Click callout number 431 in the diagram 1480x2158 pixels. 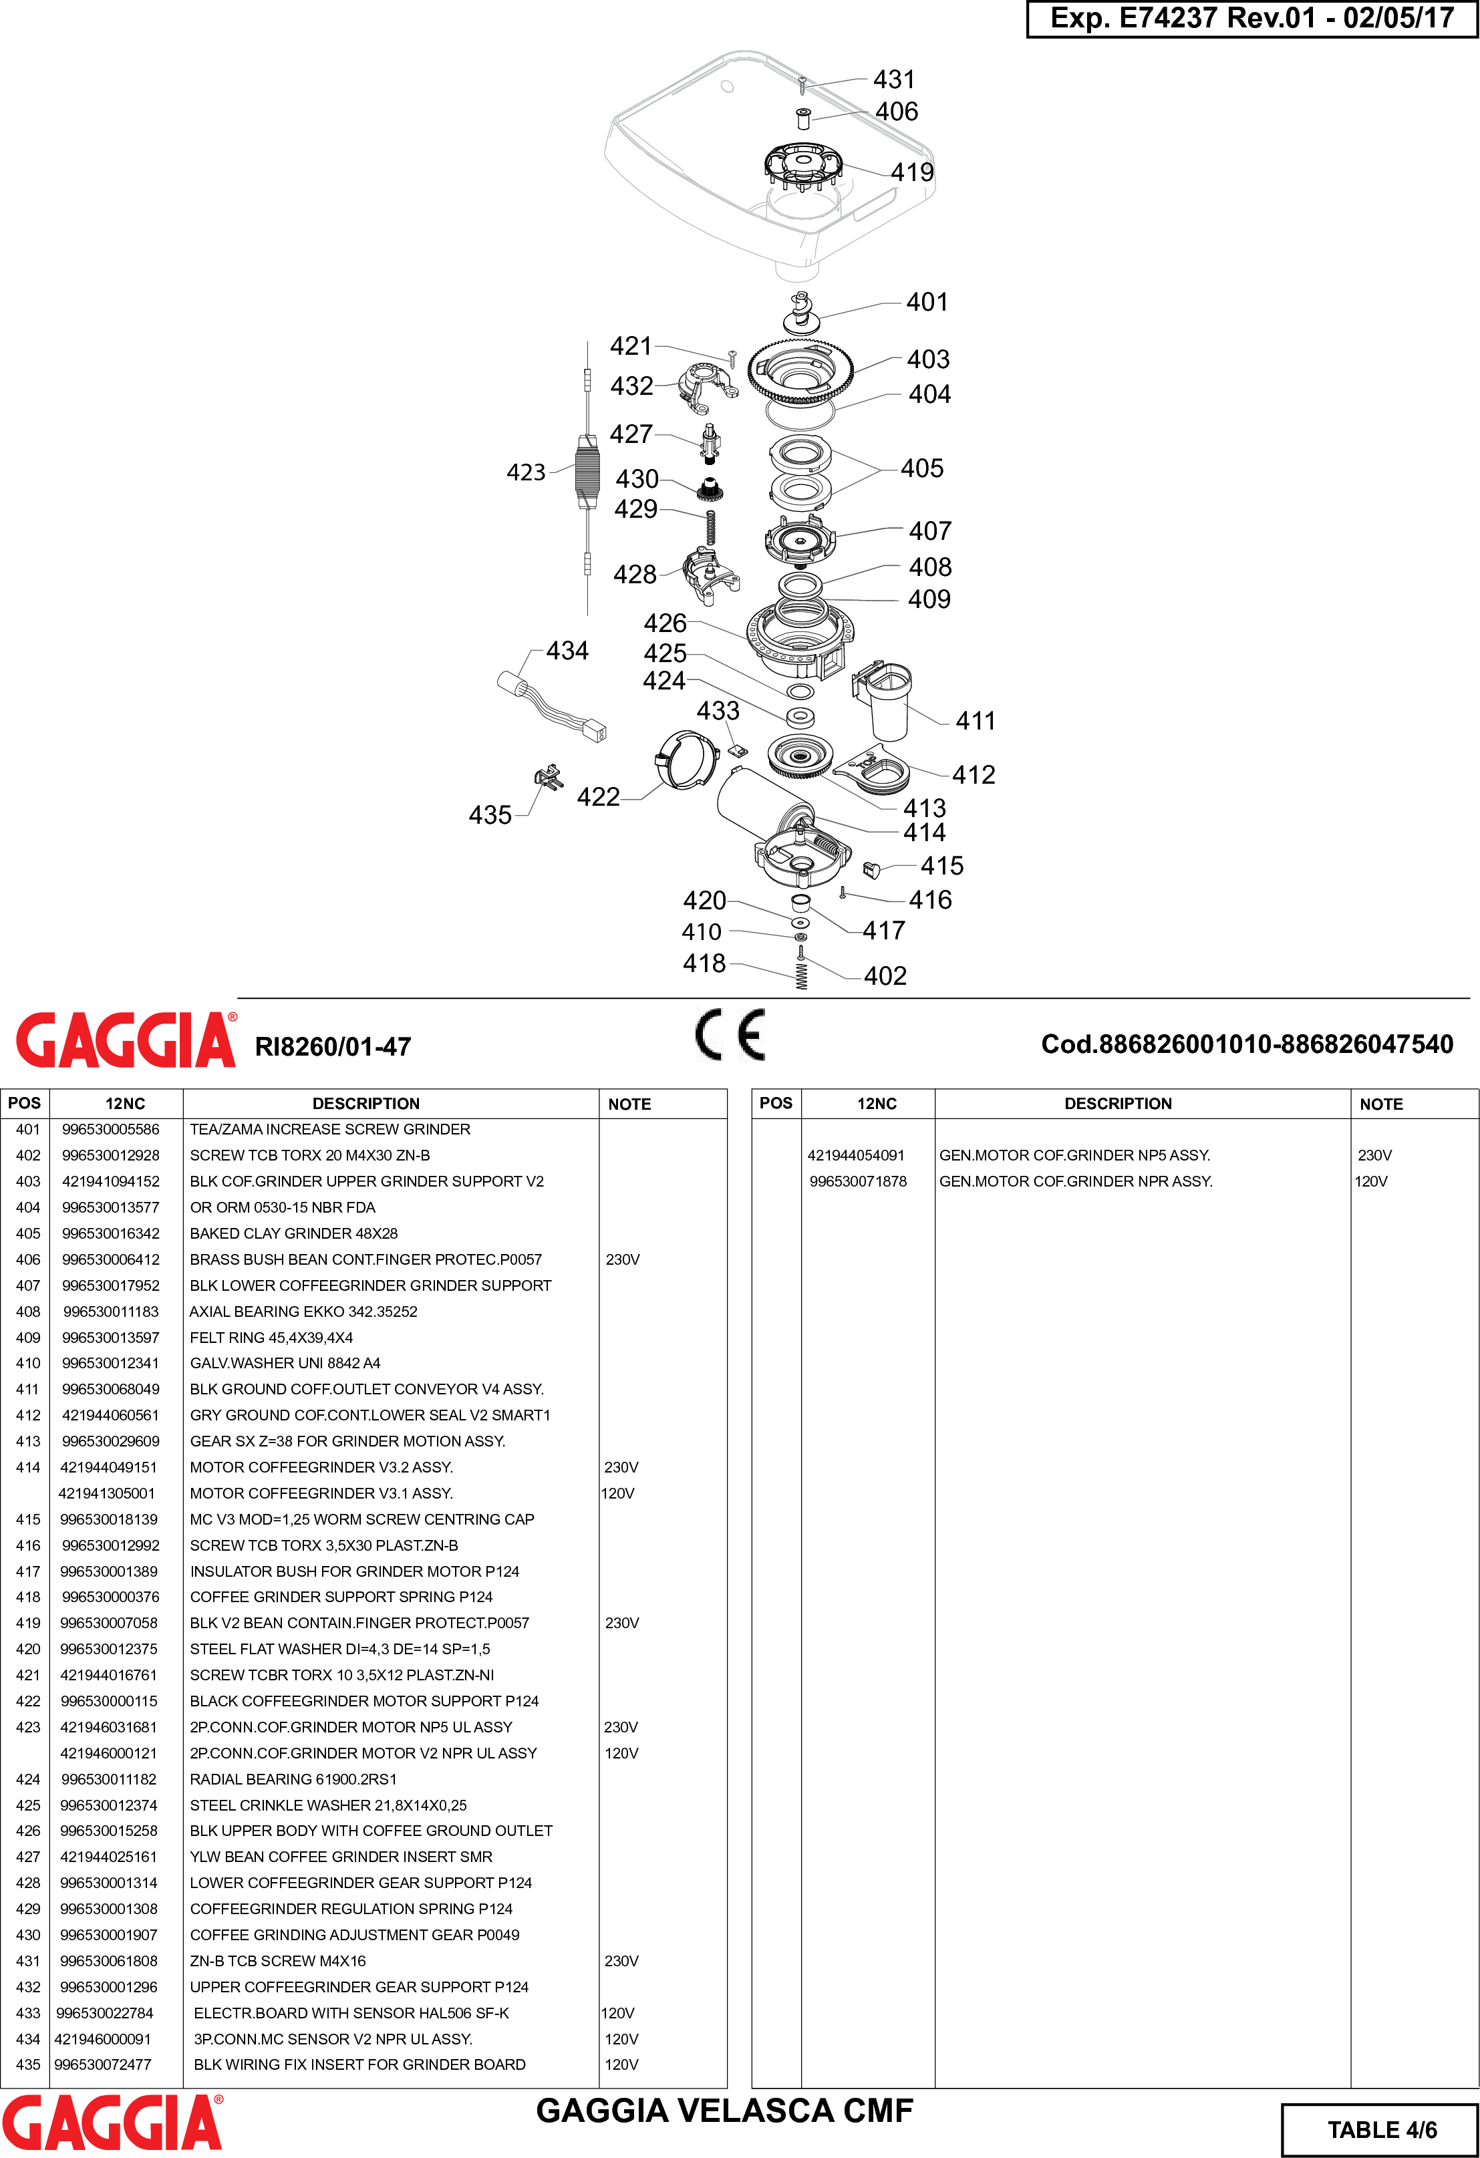point(893,80)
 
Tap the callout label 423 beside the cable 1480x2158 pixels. point(526,472)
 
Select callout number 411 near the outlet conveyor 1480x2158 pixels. point(975,721)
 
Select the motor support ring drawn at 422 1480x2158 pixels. point(686,760)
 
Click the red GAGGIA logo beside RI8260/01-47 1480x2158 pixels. point(126,1040)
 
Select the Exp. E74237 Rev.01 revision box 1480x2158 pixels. point(1251,19)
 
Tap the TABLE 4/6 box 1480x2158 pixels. point(1380,2129)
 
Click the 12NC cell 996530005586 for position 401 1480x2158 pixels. point(110,1129)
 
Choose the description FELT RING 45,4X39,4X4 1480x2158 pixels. point(271,1337)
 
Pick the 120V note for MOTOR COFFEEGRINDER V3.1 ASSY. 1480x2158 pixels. point(617,1493)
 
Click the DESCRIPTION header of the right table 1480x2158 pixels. point(1117,1103)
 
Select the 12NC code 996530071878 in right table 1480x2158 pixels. point(858,1181)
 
